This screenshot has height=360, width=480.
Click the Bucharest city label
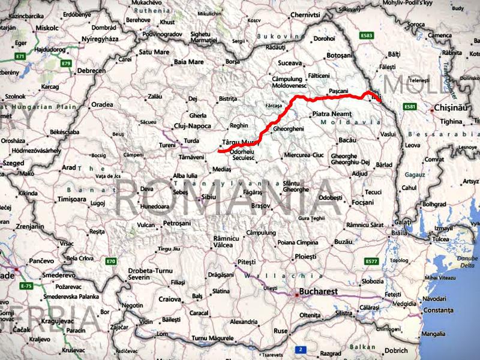(x=319, y=292)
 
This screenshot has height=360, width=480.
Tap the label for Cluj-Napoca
(x=190, y=126)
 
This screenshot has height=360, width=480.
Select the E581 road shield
(x=410, y=107)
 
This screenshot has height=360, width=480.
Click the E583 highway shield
(x=367, y=35)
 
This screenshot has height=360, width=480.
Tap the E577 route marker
(x=372, y=262)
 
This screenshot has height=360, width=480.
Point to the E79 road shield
(x=66, y=63)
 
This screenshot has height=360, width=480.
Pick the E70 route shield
(x=110, y=261)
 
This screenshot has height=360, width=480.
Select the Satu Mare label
(x=154, y=52)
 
